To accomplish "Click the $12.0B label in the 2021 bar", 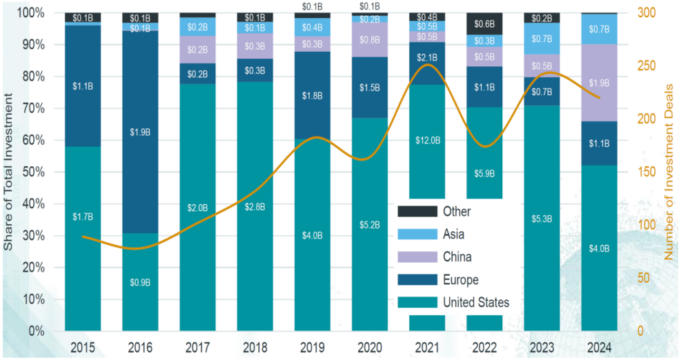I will [x=428, y=140].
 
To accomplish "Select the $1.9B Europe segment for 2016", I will [x=141, y=132].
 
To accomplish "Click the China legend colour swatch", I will [x=418, y=257].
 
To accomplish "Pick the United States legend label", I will [x=476, y=302].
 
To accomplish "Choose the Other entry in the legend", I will [x=456, y=212].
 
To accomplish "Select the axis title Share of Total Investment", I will [x=9, y=173].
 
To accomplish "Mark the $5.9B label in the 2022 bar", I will [x=485, y=173].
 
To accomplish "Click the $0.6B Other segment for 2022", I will [x=485, y=23].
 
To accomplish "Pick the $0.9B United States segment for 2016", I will [x=141, y=282].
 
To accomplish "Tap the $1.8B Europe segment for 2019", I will [x=313, y=95].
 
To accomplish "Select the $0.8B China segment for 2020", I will [x=370, y=39].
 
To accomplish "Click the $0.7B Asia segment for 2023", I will [x=542, y=38].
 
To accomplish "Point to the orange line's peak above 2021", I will [x=428, y=65].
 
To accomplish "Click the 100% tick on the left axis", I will [x=33, y=13].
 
